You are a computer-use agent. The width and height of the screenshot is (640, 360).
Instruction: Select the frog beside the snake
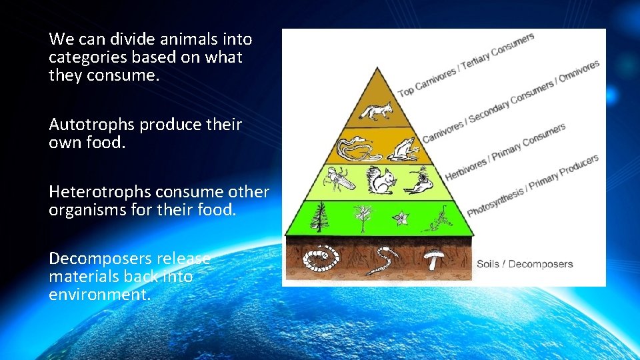[403, 150]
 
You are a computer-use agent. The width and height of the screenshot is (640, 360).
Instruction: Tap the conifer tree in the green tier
[319, 217]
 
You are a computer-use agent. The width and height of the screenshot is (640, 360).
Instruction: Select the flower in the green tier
[403, 217]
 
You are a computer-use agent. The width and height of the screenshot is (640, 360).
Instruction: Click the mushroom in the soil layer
[436, 258]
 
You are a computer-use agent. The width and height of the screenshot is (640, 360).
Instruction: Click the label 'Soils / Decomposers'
[524, 264]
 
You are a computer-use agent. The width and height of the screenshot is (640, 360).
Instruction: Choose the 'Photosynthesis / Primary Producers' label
[532, 186]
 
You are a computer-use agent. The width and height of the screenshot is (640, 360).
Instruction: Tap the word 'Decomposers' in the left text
[95, 259]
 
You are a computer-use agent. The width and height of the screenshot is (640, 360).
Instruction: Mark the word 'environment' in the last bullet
[95, 294]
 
